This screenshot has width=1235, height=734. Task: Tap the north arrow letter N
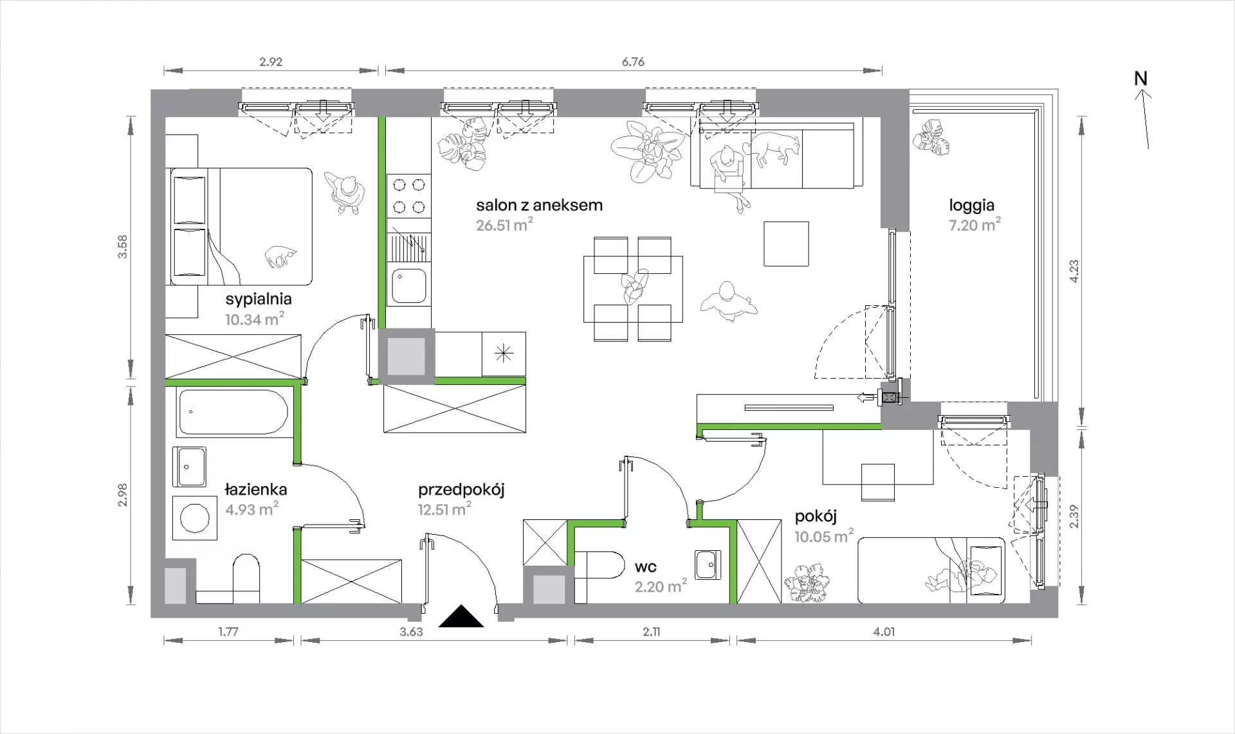click(x=1140, y=78)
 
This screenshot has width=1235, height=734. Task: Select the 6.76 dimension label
click(x=633, y=62)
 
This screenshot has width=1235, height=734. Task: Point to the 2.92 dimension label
click(x=271, y=62)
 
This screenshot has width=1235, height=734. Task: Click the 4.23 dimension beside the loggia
click(x=1074, y=271)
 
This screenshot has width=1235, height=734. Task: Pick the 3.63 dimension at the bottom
click(x=411, y=632)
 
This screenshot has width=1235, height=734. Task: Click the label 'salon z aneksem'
click(x=539, y=206)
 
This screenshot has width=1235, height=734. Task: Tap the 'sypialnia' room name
click(x=259, y=299)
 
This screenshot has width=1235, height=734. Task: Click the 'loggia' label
click(x=971, y=206)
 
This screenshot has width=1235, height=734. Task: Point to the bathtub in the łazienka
click(x=233, y=412)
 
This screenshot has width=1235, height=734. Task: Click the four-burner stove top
click(x=410, y=195)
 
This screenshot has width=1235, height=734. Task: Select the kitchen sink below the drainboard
click(x=408, y=285)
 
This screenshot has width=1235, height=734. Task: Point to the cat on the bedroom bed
click(x=280, y=256)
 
